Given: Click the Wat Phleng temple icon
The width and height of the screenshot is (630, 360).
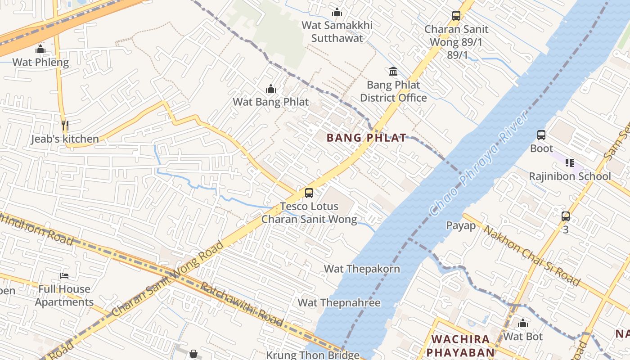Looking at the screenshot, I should (40, 49).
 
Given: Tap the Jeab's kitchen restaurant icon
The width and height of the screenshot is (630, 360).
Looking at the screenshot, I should (65, 125).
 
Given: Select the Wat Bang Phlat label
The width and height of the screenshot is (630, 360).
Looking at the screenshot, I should (271, 102).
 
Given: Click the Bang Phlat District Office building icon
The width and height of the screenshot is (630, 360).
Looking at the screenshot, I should (393, 71).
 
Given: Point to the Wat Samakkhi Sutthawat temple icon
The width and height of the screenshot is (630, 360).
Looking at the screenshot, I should (337, 12).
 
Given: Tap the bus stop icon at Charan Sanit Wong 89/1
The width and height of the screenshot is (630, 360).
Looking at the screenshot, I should (456, 16).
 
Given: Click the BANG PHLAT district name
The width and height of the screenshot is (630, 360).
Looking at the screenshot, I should (366, 138).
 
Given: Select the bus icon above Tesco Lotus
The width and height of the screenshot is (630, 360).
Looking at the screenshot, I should (309, 193).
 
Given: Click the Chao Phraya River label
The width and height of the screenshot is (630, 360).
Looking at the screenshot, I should (479, 163).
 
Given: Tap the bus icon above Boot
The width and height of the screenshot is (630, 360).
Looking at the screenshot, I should (541, 135).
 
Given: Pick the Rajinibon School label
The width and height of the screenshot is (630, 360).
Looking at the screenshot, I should (570, 176).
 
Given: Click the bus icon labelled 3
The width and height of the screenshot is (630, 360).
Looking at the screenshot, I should (566, 216).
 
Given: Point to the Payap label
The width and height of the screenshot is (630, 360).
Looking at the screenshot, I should (460, 225).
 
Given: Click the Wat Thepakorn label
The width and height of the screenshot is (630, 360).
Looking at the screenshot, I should (362, 269).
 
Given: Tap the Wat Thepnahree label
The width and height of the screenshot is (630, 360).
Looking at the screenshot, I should (339, 302).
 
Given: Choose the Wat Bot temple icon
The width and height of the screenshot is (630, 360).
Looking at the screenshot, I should (522, 324).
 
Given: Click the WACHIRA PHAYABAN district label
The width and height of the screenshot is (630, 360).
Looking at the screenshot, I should (460, 345).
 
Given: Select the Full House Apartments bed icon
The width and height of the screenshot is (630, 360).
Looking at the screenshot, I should (64, 275).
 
